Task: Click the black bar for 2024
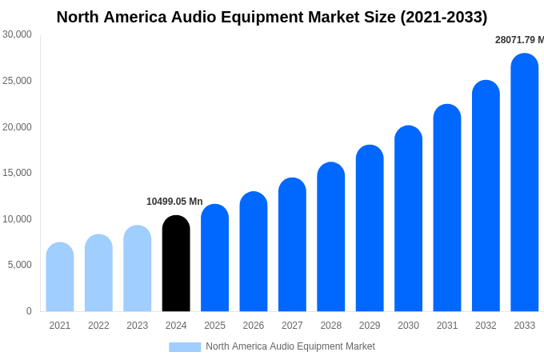[176, 264]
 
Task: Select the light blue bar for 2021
[60, 278]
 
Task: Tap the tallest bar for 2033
[525, 183]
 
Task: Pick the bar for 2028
[330, 238]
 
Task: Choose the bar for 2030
[408, 219]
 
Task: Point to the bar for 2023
[138, 269]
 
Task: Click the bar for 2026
[254, 252]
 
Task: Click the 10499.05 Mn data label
[174, 202]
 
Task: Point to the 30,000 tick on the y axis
[18, 34]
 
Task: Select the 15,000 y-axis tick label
[18, 173]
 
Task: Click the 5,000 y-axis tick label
[20, 265]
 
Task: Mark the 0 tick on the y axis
[29, 311]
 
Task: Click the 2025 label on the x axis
[214, 326]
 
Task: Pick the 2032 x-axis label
[486, 326]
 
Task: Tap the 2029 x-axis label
[370, 326]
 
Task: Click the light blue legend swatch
[185, 347]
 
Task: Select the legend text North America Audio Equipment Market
[290, 346]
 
